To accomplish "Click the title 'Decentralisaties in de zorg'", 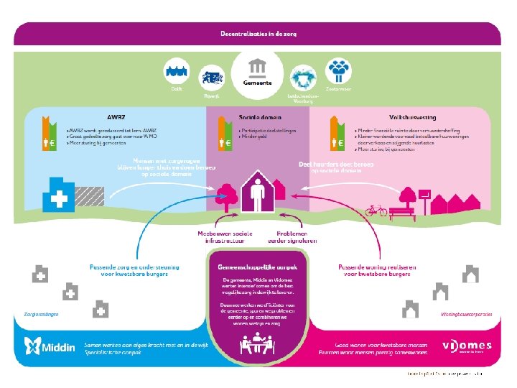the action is pos(258,33).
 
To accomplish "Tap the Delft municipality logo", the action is pos(177,73).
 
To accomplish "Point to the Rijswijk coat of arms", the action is pos(213,77).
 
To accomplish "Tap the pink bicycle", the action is pos(376,211).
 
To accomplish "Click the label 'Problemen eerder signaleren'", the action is pos(292,238).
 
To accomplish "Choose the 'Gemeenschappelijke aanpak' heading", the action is pos(258,266).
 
